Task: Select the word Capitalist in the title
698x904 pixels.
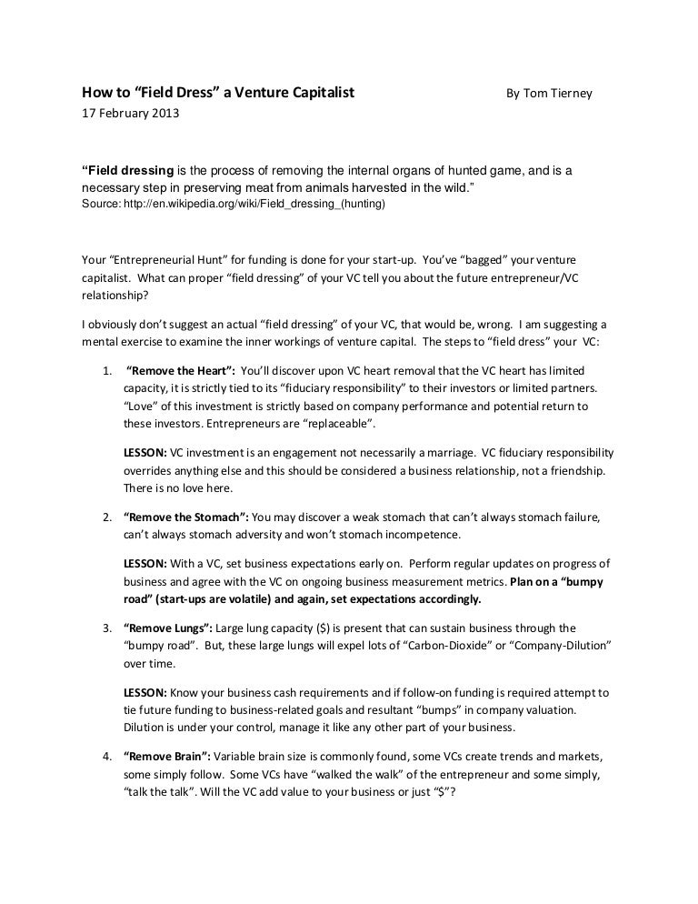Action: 315,93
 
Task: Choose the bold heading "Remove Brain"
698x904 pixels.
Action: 168,756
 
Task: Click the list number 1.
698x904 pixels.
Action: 107,371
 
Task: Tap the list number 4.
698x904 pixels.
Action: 107,756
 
